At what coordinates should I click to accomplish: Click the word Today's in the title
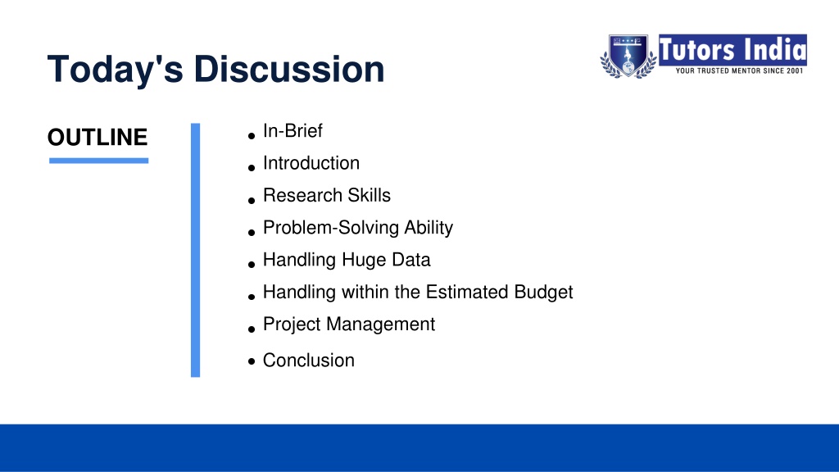click(x=115, y=69)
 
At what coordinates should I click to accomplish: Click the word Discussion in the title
click(x=289, y=69)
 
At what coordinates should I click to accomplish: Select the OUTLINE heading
click(x=98, y=138)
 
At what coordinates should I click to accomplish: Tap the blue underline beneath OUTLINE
click(x=98, y=161)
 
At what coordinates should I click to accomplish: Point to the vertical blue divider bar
click(x=195, y=250)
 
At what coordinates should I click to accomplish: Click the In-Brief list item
click(x=293, y=130)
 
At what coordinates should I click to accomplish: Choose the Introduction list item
click(x=311, y=163)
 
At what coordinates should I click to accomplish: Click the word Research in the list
click(x=303, y=195)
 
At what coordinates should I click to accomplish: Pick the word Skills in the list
click(x=370, y=195)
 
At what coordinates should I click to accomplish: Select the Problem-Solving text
click(x=331, y=228)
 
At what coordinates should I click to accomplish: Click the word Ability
click(x=429, y=228)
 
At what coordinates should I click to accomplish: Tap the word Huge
click(x=363, y=261)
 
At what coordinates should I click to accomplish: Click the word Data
click(x=411, y=260)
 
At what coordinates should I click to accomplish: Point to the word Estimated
click(x=467, y=293)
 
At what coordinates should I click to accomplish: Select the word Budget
click(x=544, y=293)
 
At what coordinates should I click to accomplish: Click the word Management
click(x=380, y=324)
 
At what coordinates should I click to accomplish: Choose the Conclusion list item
click(x=309, y=361)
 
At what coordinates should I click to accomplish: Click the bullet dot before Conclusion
click(x=252, y=361)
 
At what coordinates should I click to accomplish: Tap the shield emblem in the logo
click(x=628, y=56)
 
